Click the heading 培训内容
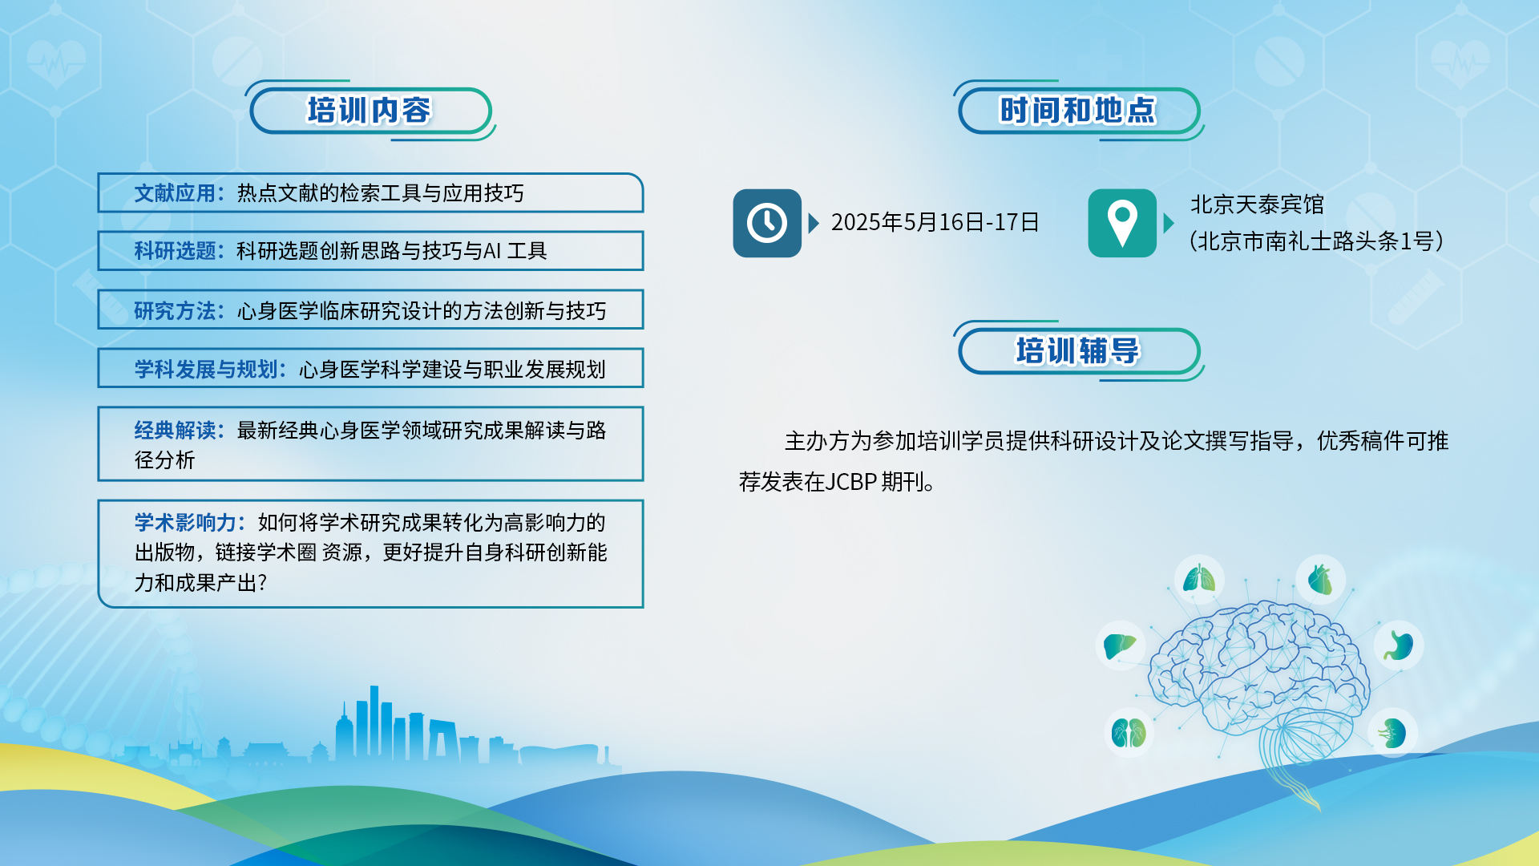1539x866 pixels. click(x=369, y=111)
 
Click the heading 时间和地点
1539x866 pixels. click(x=1077, y=111)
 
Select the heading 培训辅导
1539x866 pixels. click(x=1077, y=351)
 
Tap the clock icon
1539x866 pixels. click(x=767, y=223)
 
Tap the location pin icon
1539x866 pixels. click(x=1122, y=223)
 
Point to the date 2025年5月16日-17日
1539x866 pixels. click(x=935, y=222)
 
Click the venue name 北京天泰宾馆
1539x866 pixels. click(x=1257, y=204)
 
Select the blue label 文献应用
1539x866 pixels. click(x=175, y=193)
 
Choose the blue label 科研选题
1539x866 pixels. click(x=175, y=251)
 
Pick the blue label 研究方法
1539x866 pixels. click(x=175, y=310)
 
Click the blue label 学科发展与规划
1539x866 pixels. click(x=206, y=369)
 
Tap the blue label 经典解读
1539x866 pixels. click(x=175, y=430)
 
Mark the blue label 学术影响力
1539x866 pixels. click(x=185, y=522)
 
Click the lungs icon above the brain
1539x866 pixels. click(x=1199, y=579)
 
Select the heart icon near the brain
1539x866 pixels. click(x=1320, y=579)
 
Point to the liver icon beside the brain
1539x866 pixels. click(x=1120, y=645)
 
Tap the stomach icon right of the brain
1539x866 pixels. click(x=1400, y=645)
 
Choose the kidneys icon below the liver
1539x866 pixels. click(x=1129, y=733)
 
